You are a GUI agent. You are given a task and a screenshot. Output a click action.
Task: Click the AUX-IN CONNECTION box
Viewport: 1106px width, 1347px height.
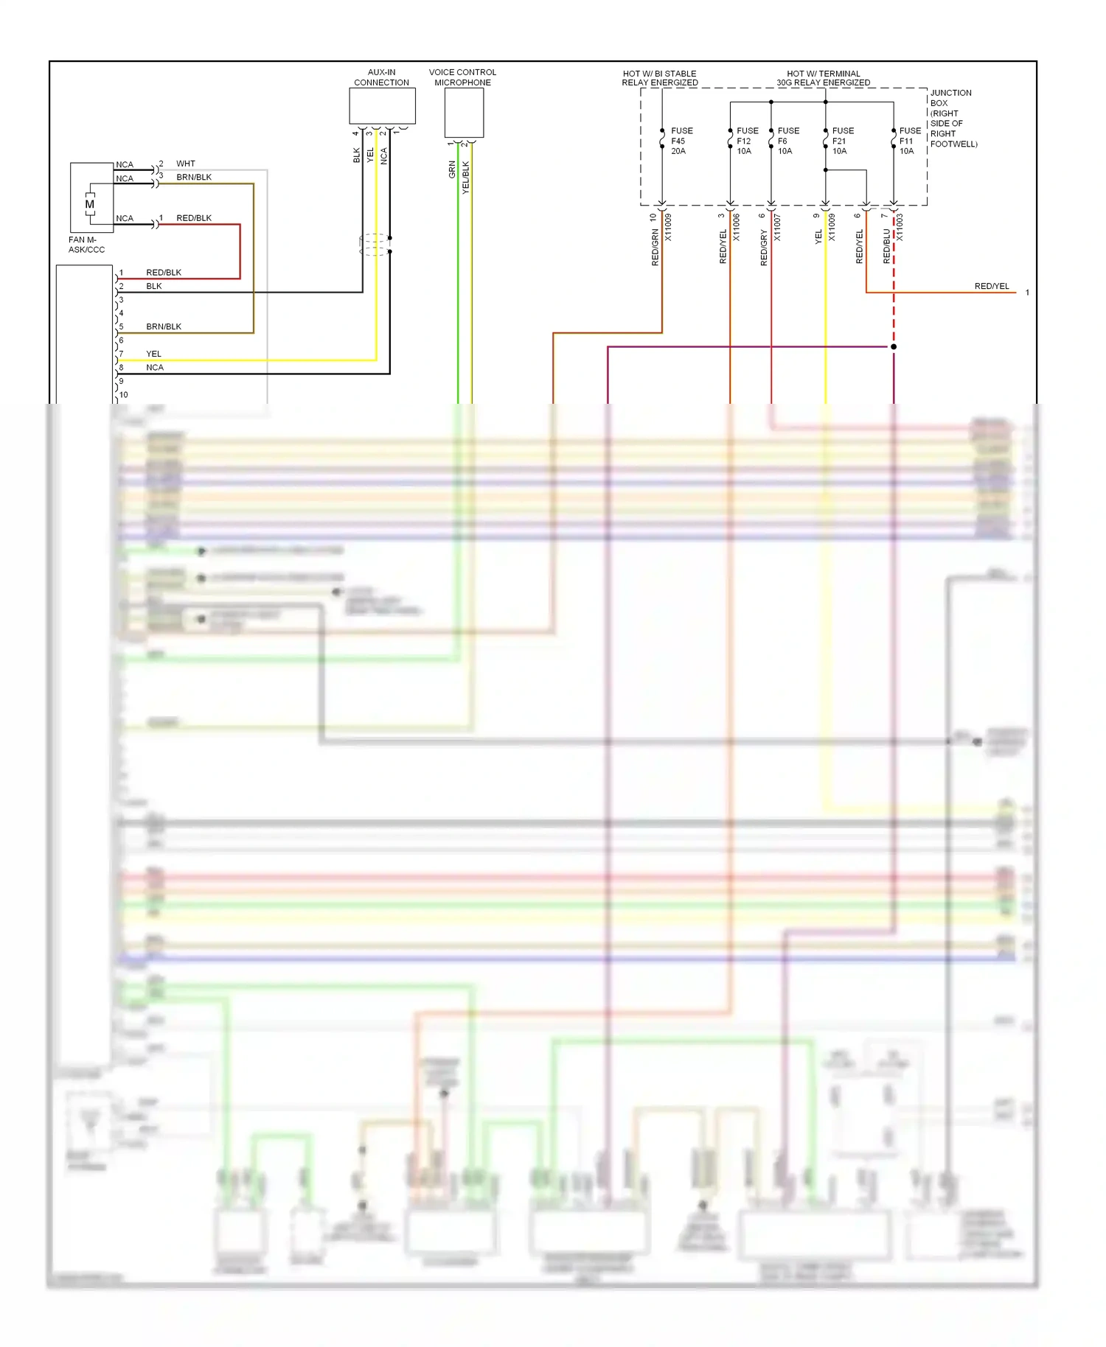(x=382, y=106)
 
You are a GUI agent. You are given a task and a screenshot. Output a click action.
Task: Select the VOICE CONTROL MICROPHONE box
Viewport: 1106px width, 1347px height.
(x=464, y=113)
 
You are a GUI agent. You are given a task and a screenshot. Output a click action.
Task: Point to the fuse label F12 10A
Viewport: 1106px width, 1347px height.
(x=746, y=141)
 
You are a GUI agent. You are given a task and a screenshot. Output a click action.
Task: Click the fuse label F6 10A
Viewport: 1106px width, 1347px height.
(x=787, y=141)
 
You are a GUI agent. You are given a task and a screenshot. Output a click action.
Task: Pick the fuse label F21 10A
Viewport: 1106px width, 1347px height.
(x=842, y=141)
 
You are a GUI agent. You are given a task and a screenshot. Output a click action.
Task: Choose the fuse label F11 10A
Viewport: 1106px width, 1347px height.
(x=909, y=141)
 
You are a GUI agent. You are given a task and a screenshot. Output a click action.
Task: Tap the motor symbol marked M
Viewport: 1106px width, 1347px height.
(x=90, y=204)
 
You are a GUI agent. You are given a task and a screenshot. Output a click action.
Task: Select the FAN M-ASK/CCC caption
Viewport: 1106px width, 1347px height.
(x=86, y=245)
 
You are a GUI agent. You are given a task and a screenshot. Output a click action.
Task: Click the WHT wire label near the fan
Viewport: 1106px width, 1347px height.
(x=186, y=164)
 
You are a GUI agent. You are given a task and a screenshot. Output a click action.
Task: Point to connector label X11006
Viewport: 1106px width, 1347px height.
(x=736, y=227)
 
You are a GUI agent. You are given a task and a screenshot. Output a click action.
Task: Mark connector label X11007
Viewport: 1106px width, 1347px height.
(x=777, y=227)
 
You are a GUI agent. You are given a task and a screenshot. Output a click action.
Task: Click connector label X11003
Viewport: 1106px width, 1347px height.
(x=900, y=227)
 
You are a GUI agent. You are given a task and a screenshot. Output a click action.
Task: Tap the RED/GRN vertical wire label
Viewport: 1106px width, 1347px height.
(x=655, y=247)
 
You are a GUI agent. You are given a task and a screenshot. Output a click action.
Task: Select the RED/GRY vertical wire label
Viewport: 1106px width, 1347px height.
(x=764, y=247)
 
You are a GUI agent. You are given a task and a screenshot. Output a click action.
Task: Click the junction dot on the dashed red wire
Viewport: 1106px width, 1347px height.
(x=894, y=346)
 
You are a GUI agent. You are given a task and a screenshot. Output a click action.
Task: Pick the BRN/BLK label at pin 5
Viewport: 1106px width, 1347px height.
(x=164, y=326)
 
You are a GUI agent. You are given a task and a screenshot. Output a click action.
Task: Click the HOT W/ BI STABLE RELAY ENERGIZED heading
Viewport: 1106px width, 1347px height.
(x=659, y=78)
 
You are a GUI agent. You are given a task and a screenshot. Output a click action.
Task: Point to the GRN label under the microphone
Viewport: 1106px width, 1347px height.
(x=452, y=169)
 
